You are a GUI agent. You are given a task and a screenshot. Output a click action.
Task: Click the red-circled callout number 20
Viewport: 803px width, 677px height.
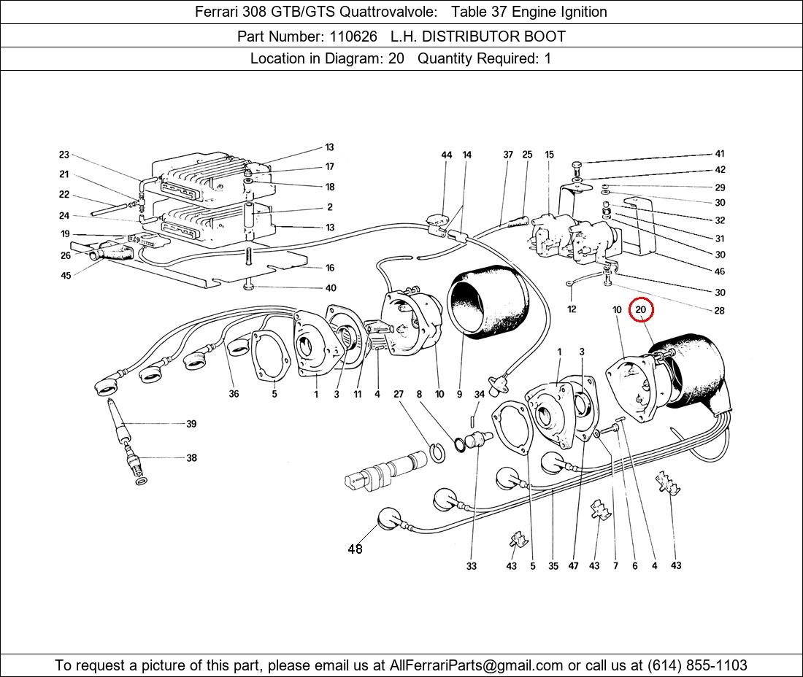tap(641, 309)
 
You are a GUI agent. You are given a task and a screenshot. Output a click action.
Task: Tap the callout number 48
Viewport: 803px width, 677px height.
tap(355, 549)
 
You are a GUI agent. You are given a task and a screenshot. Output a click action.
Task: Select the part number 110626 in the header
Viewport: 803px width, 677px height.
tap(353, 36)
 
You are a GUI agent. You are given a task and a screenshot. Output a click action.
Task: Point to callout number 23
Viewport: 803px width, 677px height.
tap(64, 155)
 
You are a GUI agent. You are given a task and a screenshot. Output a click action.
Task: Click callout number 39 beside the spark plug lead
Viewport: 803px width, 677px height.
tap(191, 424)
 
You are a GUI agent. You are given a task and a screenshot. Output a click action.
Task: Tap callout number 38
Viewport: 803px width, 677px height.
tap(191, 458)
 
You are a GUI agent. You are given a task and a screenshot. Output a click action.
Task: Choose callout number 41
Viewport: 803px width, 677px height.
tap(720, 153)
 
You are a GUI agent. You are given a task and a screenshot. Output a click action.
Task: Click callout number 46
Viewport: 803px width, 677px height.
tap(720, 271)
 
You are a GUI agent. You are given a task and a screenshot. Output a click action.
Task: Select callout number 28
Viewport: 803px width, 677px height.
tap(720, 311)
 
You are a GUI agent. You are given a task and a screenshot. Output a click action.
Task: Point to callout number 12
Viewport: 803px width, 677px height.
tap(572, 309)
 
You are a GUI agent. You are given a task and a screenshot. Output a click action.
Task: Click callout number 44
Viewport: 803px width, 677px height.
tap(447, 155)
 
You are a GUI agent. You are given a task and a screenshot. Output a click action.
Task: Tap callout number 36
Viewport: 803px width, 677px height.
tap(234, 393)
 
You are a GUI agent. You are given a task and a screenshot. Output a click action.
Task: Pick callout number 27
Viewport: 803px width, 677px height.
tap(399, 394)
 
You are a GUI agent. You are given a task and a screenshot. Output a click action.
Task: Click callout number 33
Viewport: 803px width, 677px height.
tap(471, 566)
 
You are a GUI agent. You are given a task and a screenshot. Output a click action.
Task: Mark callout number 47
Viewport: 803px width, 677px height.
tap(573, 566)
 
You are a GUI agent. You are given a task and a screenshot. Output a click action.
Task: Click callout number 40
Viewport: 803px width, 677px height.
tap(331, 288)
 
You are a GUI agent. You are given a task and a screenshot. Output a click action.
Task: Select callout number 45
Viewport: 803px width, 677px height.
tap(66, 276)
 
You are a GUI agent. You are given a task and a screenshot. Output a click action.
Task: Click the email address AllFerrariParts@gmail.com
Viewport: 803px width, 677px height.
tap(476, 665)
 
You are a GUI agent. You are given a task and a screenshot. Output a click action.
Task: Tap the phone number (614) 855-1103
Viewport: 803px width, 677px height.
tap(697, 665)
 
